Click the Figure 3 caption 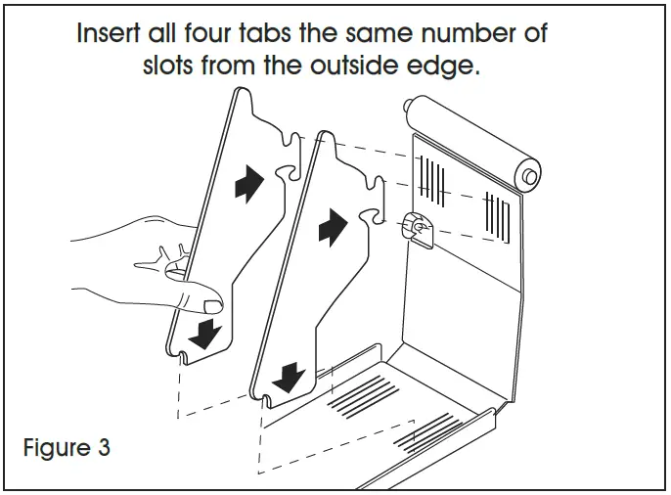67,450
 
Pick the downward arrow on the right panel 287,376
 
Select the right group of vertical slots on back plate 500,215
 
